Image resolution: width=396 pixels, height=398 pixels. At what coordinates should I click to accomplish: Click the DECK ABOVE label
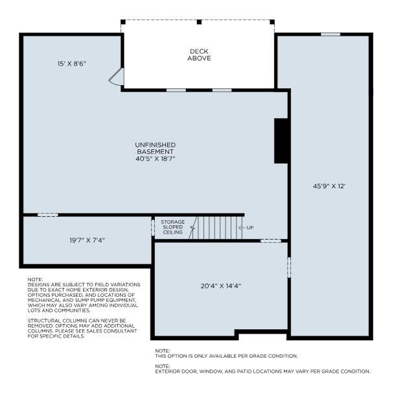(x=199, y=55)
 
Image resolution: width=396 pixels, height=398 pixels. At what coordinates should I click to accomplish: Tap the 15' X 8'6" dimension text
(x=72, y=64)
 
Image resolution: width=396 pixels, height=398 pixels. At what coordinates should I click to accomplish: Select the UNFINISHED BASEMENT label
(x=155, y=148)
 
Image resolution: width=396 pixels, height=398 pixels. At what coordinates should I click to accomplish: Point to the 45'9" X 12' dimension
(x=329, y=186)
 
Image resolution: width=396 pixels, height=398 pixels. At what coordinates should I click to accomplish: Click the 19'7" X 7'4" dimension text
(x=87, y=240)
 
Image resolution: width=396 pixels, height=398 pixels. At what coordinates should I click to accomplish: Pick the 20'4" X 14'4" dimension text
(x=220, y=286)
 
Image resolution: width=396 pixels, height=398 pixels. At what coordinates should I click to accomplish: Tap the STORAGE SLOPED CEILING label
(x=173, y=227)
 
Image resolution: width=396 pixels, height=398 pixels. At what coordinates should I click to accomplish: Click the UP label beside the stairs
(x=250, y=228)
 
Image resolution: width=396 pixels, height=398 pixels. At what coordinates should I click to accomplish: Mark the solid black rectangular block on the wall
(x=281, y=141)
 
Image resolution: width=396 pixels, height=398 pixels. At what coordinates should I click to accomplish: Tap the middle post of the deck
(x=199, y=22)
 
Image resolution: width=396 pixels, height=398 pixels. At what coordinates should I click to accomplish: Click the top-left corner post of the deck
(x=123, y=22)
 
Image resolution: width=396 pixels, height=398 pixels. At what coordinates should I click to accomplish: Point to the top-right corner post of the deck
(x=272, y=22)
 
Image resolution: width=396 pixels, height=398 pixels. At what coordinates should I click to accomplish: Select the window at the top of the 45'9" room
(x=331, y=34)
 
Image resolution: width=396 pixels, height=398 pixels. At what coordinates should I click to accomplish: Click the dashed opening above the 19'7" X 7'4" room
(x=48, y=215)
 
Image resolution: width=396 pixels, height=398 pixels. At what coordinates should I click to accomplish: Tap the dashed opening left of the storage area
(x=153, y=227)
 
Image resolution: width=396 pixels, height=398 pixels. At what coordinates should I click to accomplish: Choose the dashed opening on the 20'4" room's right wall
(x=289, y=267)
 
